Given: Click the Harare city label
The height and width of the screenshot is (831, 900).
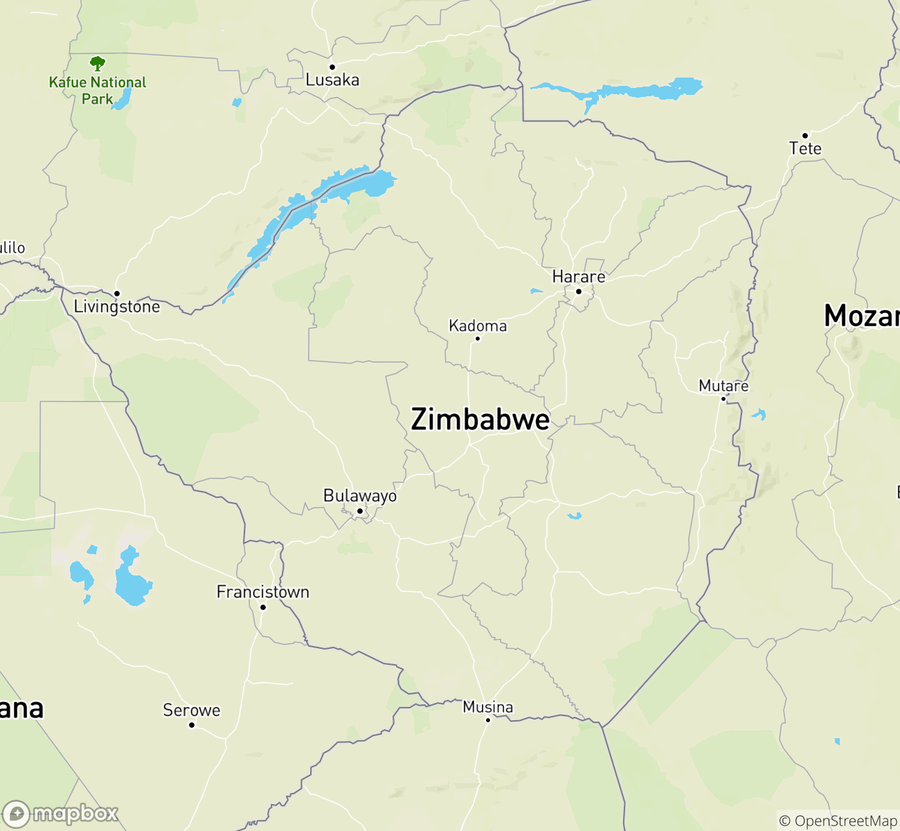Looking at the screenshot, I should point(579,277).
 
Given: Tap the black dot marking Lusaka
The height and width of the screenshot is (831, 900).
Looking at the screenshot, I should point(332,67).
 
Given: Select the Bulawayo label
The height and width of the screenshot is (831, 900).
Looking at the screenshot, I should point(360,496).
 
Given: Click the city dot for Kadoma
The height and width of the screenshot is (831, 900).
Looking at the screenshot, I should point(477,339).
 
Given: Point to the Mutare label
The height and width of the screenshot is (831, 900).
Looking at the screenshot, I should point(723,386).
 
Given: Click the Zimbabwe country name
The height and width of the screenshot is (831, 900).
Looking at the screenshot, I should point(480,420).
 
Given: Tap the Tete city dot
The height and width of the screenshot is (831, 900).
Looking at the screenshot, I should point(805,136).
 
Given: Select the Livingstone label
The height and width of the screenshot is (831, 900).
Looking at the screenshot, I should point(117,307).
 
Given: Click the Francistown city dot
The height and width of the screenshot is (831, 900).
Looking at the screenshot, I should point(263,607).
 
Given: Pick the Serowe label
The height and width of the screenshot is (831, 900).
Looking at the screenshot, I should point(192,711).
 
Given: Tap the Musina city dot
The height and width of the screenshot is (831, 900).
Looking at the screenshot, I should point(487,720).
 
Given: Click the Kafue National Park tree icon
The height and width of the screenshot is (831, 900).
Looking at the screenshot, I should point(98,64).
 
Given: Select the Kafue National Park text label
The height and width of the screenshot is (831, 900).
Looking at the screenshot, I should point(98,91).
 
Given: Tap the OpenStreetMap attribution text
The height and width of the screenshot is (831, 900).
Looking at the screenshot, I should point(838,821).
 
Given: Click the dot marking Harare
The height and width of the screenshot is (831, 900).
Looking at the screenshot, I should point(579,292).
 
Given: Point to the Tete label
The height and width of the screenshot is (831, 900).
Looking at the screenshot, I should point(805,149).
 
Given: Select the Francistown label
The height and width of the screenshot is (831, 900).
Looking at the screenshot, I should point(263,592).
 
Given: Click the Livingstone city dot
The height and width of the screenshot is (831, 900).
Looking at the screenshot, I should point(117,294).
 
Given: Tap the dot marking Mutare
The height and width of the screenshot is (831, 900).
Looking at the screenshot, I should point(723,399).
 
